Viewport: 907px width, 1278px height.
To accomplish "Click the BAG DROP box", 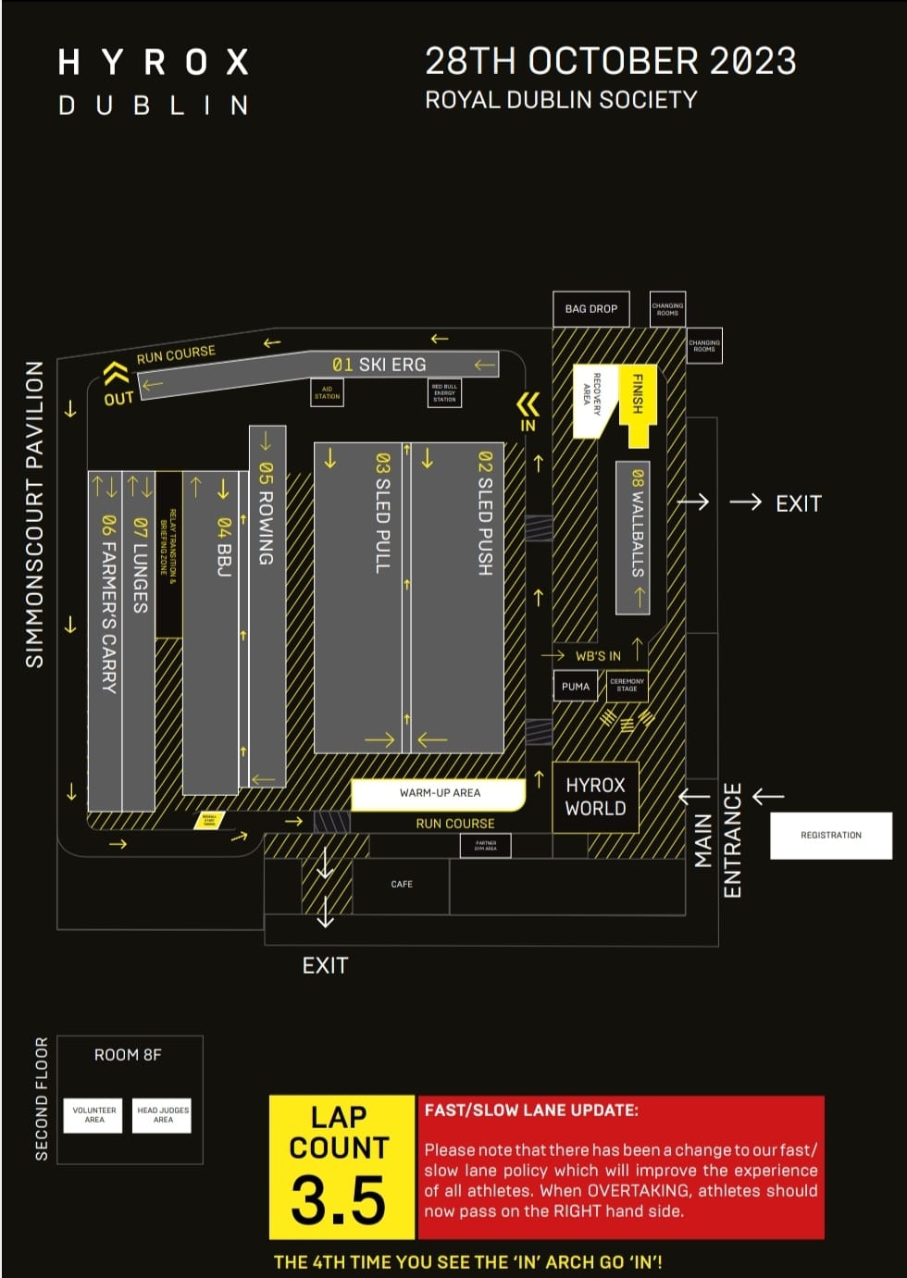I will click(x=590, y=309).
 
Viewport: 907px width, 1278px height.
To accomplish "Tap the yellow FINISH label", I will click(x=638, y=393).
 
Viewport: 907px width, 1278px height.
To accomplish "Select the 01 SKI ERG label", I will click(x=379, y=365).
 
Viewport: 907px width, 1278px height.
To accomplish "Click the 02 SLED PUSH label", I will click(x=485, y=513).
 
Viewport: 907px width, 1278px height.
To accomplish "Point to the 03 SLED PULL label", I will click(x=383, y=513).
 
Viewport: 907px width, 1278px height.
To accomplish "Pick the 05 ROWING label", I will click(x=266, y=514).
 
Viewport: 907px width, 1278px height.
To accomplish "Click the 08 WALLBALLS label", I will click(x=637, y=523).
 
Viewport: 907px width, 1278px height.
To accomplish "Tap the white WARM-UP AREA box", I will click(x=440, y=793).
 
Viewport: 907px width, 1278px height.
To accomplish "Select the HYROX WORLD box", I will click(x=595, y=797).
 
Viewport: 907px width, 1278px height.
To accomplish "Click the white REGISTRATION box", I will click(x=830, y=835).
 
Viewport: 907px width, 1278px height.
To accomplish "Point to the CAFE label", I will click(x=402, y=885).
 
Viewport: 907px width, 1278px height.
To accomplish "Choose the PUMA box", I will click(x=576, y=687).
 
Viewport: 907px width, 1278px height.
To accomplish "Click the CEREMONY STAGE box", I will click(x=627, y=686).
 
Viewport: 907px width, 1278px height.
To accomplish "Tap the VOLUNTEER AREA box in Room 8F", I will click(x=94, y=1115).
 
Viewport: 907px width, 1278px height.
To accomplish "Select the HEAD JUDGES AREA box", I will click(x=163, y=1115).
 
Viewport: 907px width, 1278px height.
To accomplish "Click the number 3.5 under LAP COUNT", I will click(x=338, y=1200).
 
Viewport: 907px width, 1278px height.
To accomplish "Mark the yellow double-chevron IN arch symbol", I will click(x=528, y=404).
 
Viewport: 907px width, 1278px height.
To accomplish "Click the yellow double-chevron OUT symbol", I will click(x=116, y=373).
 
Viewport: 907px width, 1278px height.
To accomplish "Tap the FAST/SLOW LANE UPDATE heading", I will click(x=531, y=1110).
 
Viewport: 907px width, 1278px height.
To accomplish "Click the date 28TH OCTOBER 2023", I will click(x=610, y=62).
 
